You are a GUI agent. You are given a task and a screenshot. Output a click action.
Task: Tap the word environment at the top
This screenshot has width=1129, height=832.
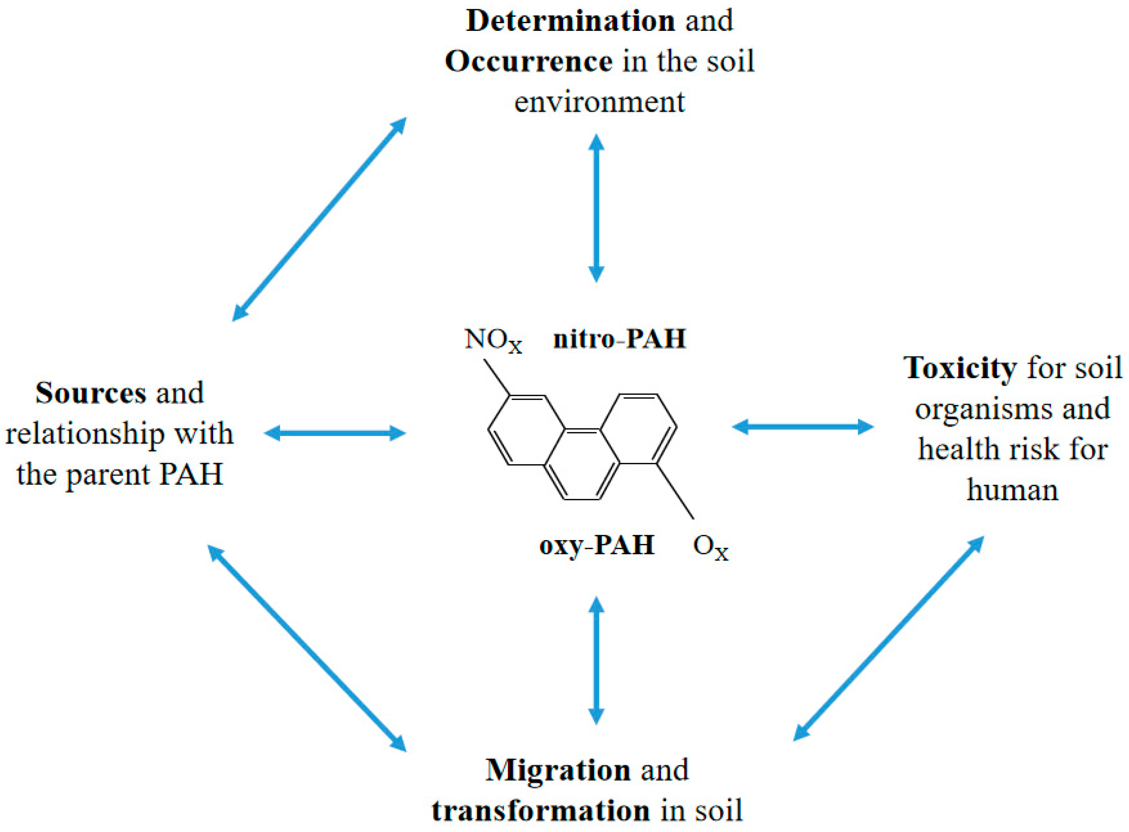[599, 102]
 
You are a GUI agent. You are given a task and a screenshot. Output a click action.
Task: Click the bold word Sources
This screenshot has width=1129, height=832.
[91, 393]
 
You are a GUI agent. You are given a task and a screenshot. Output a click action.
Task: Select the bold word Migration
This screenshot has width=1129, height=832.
[558, 770]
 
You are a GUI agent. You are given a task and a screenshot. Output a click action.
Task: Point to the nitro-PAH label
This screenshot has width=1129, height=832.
[619, 338]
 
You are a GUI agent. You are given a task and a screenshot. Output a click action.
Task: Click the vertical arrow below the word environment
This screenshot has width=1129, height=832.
[596, 207]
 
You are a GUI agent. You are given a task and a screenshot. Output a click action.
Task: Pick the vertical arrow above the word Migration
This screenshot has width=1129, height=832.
[596, 660]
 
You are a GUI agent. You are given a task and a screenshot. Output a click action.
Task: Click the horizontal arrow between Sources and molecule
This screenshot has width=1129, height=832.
[335, 433]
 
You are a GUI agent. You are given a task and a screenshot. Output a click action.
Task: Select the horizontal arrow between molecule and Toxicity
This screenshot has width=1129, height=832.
[803, 427]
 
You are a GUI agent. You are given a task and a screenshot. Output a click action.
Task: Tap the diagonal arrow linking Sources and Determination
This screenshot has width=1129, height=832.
[319, 219]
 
